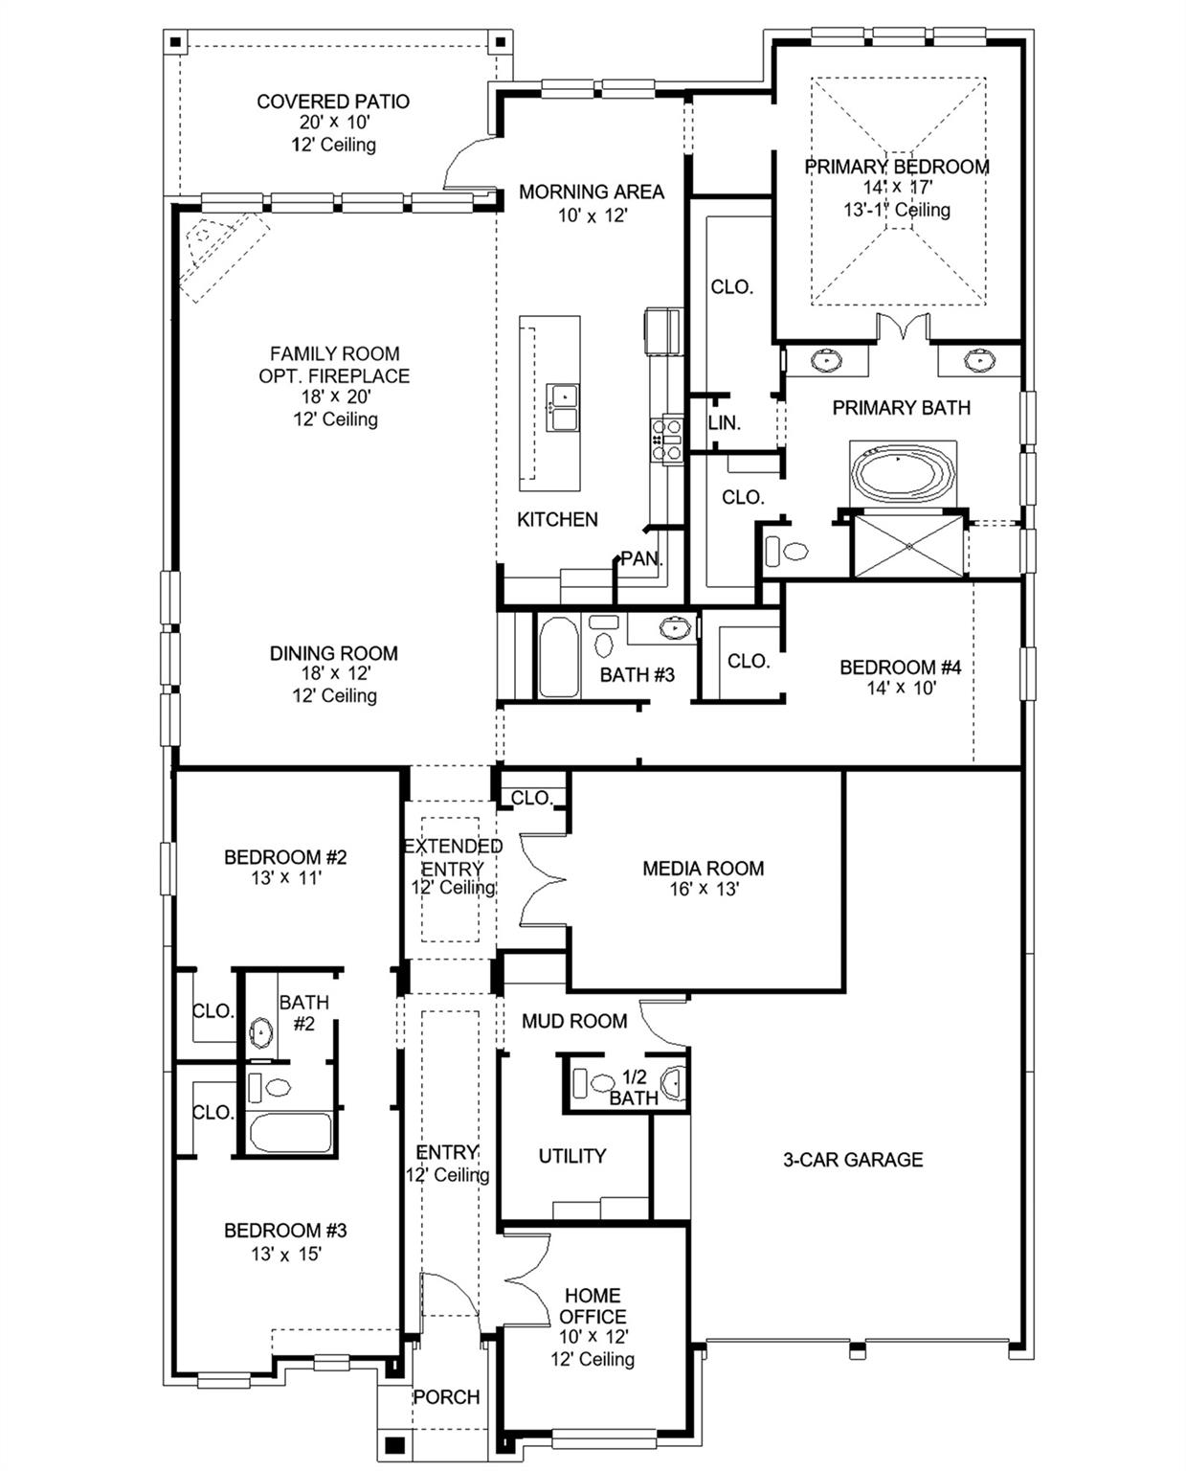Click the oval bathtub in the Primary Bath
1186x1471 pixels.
tap(903, 472)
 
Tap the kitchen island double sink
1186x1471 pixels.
tap(563, 407)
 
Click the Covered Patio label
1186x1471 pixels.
tap(333, 102)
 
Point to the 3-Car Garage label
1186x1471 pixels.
tap(853, 1160)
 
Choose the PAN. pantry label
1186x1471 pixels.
tap(641, 558)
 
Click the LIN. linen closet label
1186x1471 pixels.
tap(725, 422)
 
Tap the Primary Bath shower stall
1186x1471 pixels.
tap(908, 547)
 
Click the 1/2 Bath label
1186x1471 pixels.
tap(634, 1088)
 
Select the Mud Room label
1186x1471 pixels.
tap(574, 1021)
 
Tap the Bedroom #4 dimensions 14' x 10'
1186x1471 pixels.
tap(901, 688)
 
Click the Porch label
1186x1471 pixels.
tap(446, 1397)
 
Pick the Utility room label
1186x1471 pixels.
tap(571, 1156)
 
